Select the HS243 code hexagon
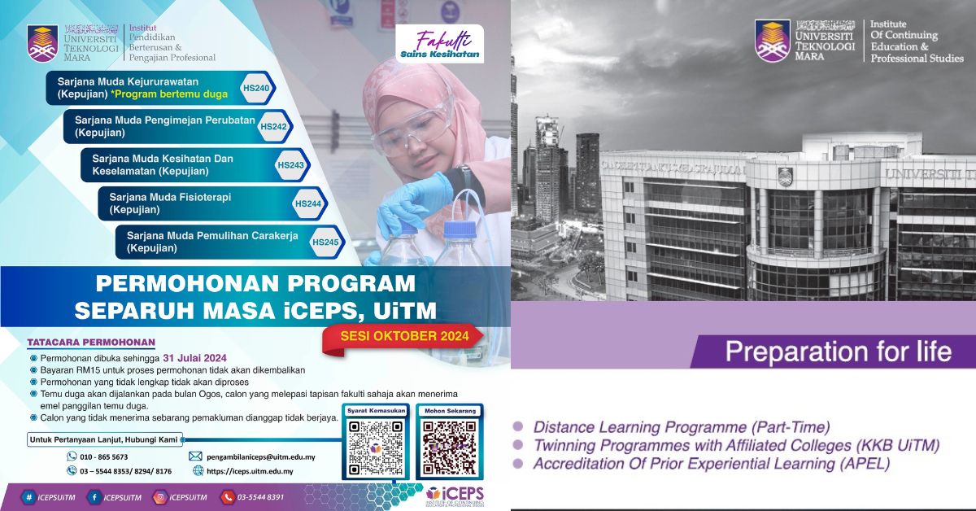tap(290, 165)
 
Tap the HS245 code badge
tap(325, 242)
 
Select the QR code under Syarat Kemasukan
tap(375, 448)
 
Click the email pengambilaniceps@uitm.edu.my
tap(259, 456)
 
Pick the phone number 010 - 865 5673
tap(104, 456)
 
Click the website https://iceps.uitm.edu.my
tap(250, 471)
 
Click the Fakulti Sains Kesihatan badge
tap(439, 46)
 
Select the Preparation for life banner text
tap(838, 352)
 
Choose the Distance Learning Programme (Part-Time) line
tap(682, 426)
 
